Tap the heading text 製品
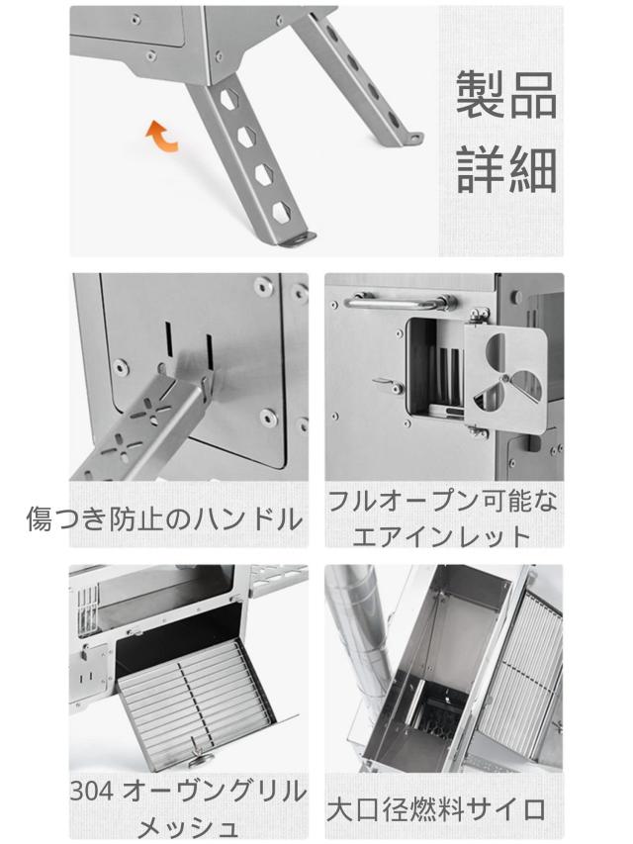click(505, 95)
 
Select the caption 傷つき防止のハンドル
click(164, 517)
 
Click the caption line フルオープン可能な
click(442, 501)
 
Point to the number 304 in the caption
click(93, 792)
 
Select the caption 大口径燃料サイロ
click(436, 809)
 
